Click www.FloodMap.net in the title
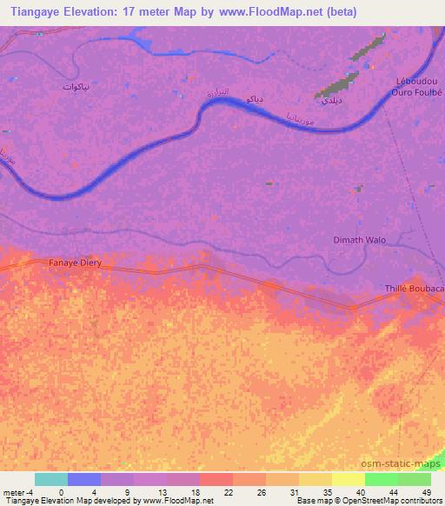click(269, 11)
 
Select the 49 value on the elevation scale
click(426, 491)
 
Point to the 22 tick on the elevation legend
click(228, 491)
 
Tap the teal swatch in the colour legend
click(51, 479)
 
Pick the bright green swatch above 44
click(382, 479)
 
